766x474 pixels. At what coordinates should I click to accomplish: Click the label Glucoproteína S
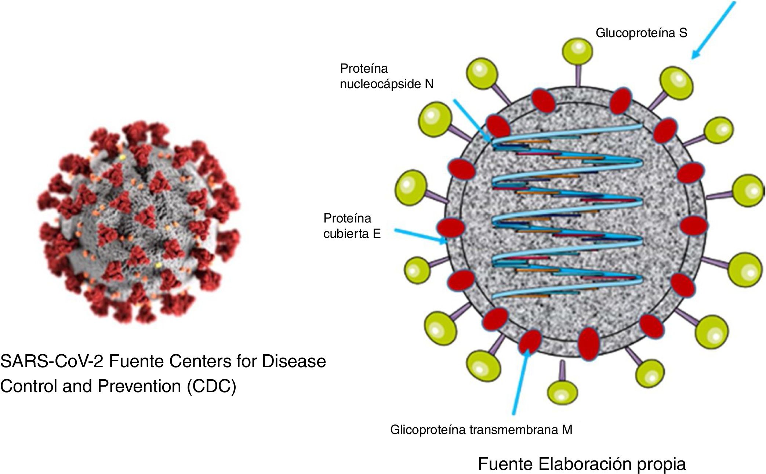(x=641, y=33)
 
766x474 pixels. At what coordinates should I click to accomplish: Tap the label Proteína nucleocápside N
(x=386, y=76)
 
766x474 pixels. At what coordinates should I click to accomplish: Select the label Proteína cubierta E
(x=352, y=226)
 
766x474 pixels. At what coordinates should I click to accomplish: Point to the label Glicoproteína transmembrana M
(x=481, y=430)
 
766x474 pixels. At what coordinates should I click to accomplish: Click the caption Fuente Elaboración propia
(x=581, y=464)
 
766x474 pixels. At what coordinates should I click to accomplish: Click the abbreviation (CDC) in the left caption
(x=211, y=386)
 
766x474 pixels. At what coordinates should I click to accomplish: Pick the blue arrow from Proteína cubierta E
(x=420, y=236)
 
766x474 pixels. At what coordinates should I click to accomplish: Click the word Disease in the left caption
(x=294, y=361)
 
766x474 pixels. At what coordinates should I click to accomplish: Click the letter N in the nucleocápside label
(x=429, y=84)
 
